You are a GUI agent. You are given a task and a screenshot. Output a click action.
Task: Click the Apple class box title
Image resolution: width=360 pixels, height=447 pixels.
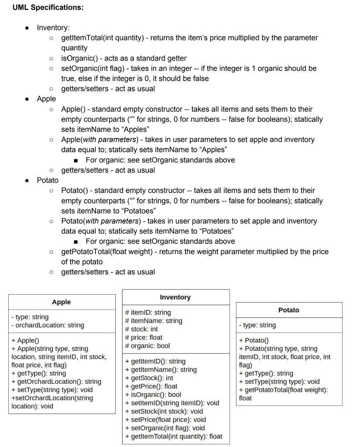(x=61, y=302)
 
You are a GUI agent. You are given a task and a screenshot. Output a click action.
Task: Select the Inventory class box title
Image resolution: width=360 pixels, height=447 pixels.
(x=175, y=297)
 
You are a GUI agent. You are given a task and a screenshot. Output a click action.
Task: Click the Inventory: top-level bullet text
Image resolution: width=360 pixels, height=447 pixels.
(x=51, y=28)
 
